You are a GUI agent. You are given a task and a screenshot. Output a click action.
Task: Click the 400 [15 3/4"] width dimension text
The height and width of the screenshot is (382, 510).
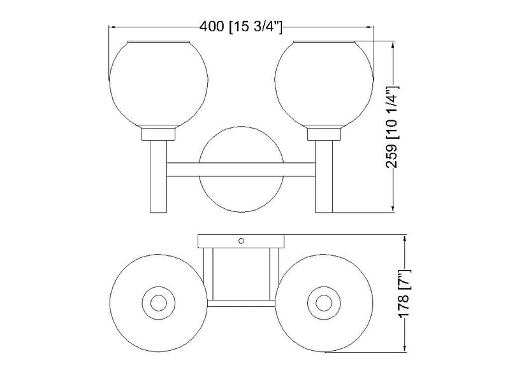coord(241,27)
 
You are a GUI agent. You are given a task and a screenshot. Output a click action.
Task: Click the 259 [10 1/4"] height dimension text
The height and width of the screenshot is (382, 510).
coord(391,127)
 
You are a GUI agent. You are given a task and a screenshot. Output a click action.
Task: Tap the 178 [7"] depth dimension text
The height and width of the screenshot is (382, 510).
coord(404,294)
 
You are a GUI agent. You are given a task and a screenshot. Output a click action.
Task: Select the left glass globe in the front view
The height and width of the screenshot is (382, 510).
coord(158,84)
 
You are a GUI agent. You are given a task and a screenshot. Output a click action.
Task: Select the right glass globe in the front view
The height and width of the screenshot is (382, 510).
coord(324,84)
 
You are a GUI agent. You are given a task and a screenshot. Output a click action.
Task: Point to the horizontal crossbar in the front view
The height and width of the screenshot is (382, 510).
coord(241,169)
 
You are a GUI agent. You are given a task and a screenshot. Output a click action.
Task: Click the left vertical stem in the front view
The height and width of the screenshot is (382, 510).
coord(158,177)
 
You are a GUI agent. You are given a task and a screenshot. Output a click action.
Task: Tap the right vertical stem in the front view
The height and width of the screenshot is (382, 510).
coord(324,177)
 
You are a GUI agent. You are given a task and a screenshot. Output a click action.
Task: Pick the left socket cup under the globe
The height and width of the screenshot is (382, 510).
coord(158,134)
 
